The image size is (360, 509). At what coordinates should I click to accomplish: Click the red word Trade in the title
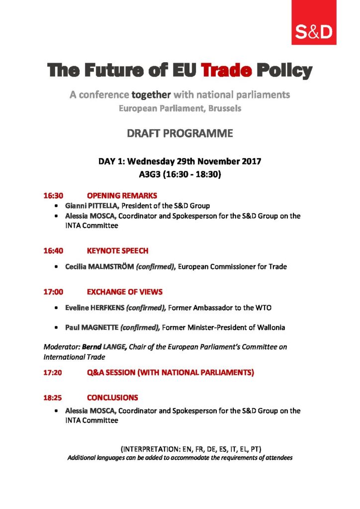click(226, 71)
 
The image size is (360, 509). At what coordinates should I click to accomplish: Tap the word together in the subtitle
click(151, 94)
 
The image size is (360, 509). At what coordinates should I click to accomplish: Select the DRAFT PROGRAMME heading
click(180, 133)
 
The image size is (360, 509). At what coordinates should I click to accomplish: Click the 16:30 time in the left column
click(53, 195)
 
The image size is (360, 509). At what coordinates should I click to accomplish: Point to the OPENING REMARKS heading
click(122, 195)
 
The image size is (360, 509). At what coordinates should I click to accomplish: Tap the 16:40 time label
click(53, 251)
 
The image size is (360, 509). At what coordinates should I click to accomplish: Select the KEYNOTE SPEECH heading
click(117, 251)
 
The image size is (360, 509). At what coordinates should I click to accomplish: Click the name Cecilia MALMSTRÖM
click(94, 267)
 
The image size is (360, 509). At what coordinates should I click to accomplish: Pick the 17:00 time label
click(53, 292)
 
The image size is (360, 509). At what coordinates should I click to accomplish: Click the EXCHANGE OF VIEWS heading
click(125, 292)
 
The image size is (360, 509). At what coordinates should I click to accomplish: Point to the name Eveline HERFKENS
click(94, 308)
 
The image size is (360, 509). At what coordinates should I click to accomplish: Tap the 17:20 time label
click(53, 372)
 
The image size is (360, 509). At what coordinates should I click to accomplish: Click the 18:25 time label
click(53, 398)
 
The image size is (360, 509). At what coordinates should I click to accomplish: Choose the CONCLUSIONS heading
click(112, 398)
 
